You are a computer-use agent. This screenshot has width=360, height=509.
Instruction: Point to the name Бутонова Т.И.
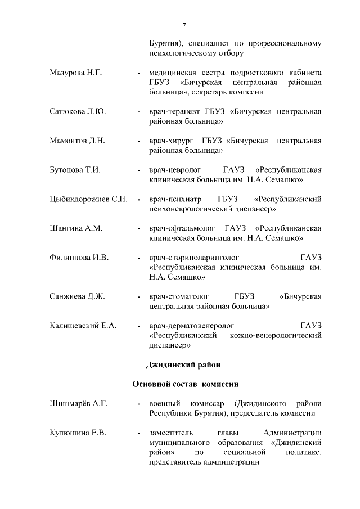(75, 170)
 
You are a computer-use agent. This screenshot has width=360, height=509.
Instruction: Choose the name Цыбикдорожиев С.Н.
(88, 199)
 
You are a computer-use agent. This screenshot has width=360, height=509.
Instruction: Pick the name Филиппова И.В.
(78, 258)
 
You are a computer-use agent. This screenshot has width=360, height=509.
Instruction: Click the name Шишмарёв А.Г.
(78, 404)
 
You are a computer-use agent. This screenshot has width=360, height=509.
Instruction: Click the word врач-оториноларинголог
(188, 258)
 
